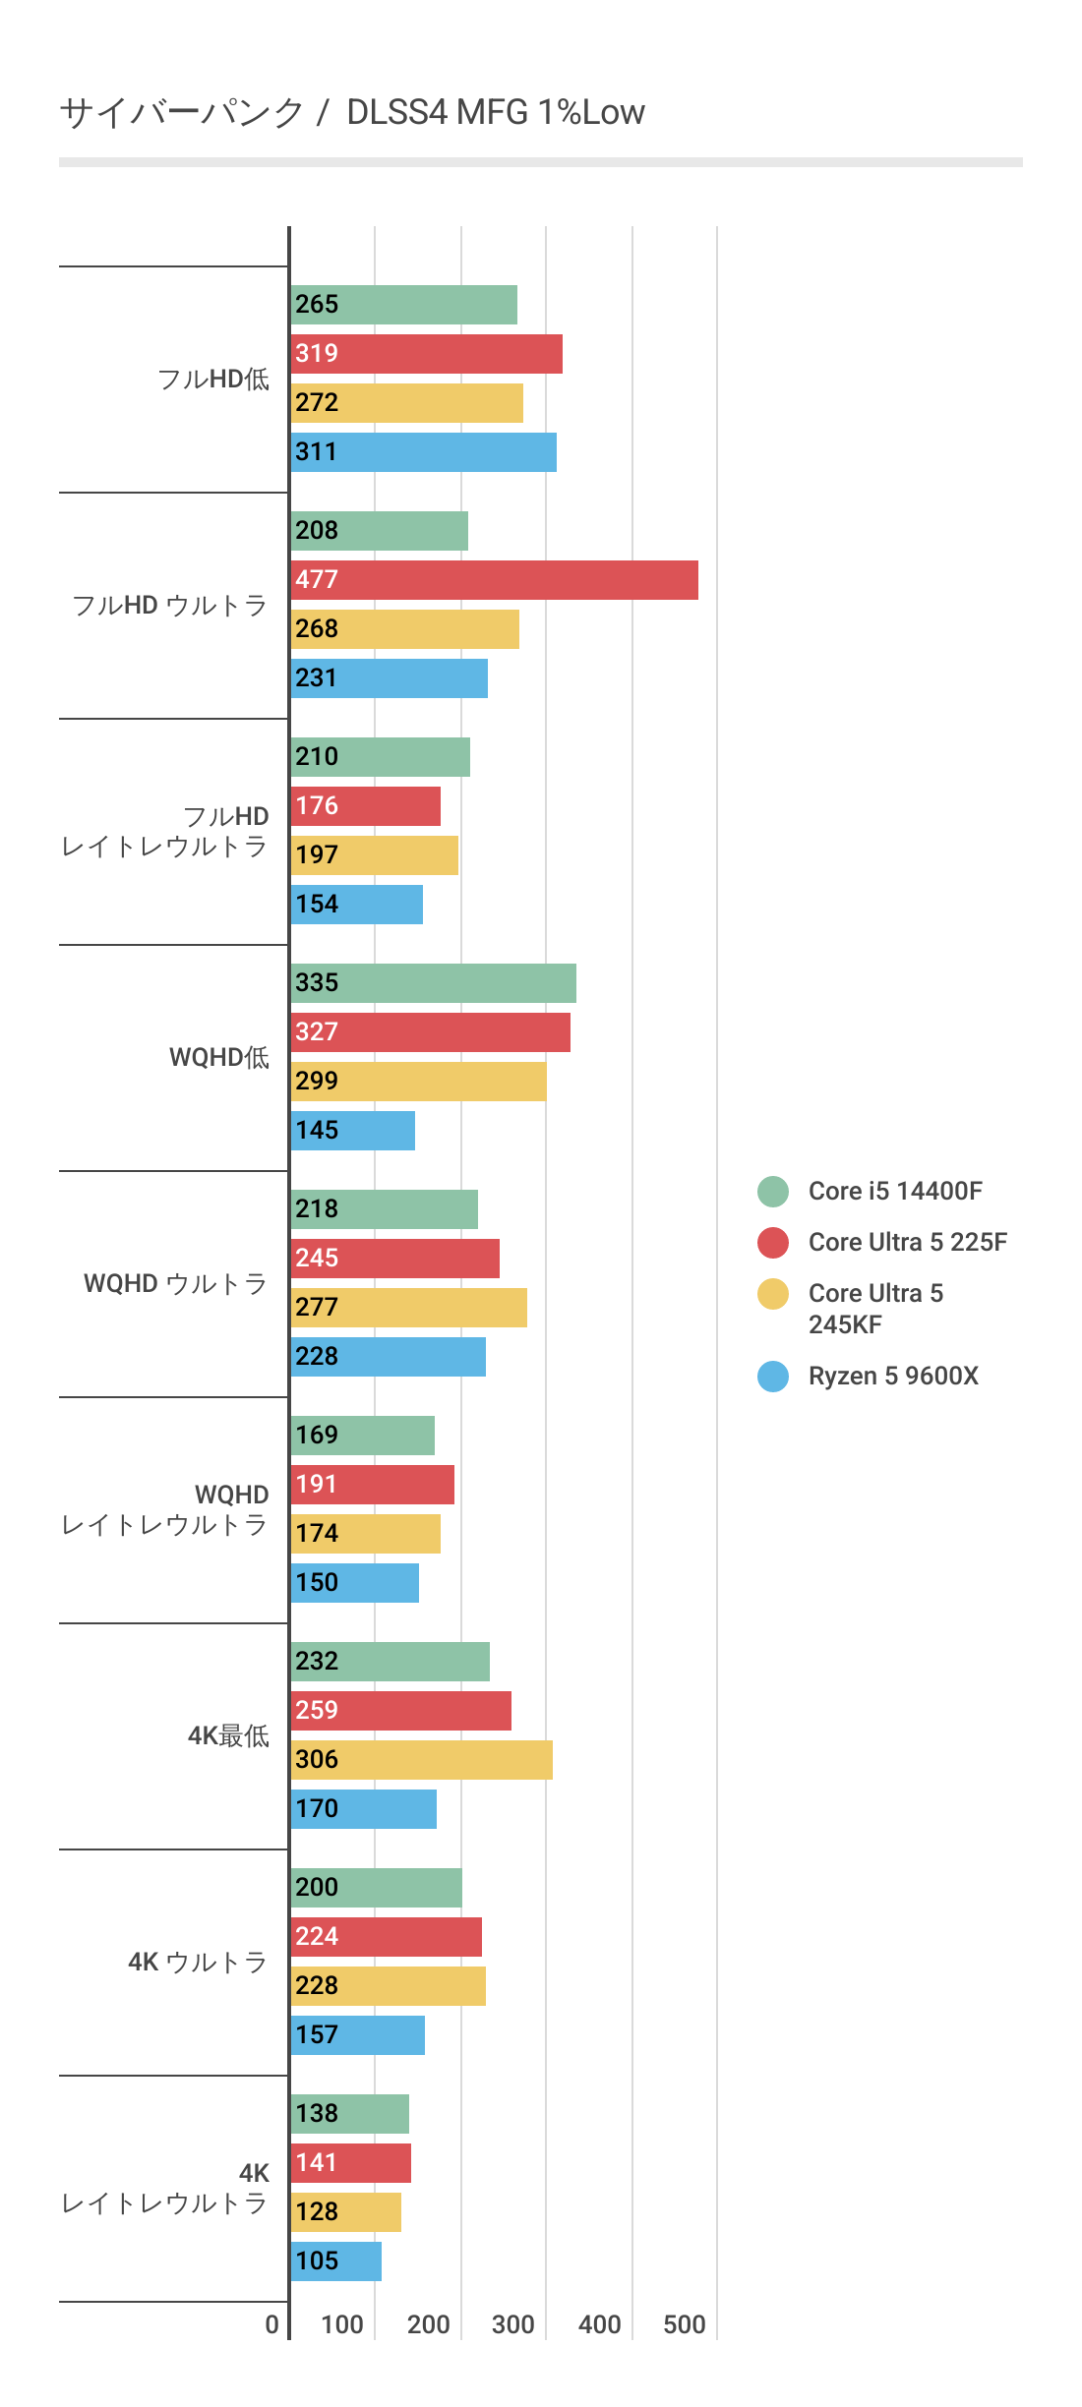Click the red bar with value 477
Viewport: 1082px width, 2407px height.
click(x=495, y=580)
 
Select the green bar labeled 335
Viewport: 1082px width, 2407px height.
click(x=434, y=983)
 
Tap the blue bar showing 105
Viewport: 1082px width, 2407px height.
click(x=336, y=2261)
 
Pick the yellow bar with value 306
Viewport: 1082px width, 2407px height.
click(x=422, y=1760)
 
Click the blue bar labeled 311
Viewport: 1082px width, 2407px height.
click(x=424, y=452)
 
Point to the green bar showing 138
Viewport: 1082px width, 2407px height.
click(x=350, y=2114)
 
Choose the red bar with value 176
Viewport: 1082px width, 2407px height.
click(x=366, y=806)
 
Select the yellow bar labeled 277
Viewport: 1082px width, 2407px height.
click(x=409, y=1308)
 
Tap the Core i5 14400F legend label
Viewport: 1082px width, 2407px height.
click(x=895, y=1191)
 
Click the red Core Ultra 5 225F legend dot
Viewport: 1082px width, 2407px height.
click(x=773, y=1242)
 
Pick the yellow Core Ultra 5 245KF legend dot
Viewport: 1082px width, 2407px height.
click(x=773, y=1294)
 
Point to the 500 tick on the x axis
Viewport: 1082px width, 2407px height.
click(x=685, y=2324)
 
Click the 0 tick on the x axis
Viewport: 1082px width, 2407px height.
click(x=272, y=2324)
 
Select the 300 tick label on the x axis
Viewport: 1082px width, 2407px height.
click(x=513, y=2324)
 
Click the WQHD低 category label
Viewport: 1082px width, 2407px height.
click(x=219, y=1057)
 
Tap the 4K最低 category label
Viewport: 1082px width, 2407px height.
click(x=228, y=1735)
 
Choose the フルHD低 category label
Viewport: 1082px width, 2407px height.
click(x=213, y=379)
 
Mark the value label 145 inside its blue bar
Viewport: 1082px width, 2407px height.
click(x=317, y=1131)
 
